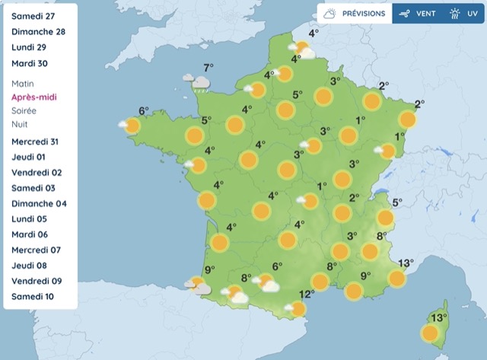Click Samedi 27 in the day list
click(33, 16)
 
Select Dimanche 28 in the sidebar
click(39, 32)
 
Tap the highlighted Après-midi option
click(35, 97)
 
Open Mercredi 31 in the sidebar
click(36, 142)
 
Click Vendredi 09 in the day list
click(37, 281)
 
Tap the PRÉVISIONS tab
click(356, 14)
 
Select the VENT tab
click(417, 14)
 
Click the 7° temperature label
click(208, 67)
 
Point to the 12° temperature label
click(306, 295)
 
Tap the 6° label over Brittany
click(143, 111)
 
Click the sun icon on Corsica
click(430, 333)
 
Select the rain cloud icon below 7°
click(199, 81)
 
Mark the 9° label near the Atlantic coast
click(209, 269)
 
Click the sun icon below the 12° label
click(298, 308)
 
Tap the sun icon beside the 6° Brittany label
click(133, 126)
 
